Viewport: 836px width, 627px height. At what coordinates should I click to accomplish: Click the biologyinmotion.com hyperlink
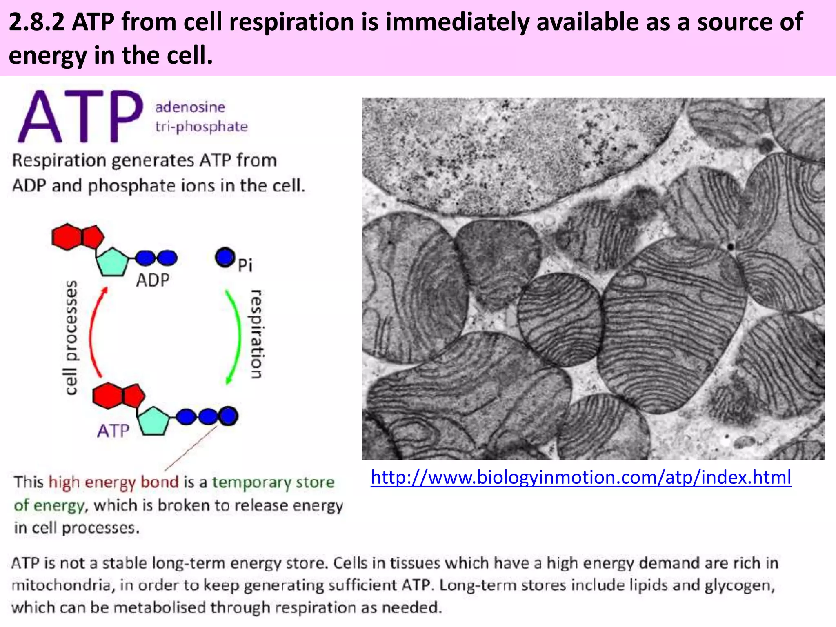click(580, 478)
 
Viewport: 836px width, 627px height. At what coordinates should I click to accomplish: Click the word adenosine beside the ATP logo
click(190, 107)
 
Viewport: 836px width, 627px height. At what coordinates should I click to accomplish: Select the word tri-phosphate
click(201, 127)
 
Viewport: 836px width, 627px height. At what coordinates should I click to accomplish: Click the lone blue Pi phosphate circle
click(225, 258)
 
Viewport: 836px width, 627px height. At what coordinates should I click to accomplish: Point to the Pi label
click(245, 265)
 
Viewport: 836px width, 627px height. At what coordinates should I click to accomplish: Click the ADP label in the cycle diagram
click(153, 280)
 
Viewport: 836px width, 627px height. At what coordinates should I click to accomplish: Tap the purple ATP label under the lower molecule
click(113, 431)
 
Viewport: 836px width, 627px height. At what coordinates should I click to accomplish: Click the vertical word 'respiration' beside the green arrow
click(256, 334)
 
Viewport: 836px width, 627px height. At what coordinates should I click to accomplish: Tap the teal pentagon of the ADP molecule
click(112, 262)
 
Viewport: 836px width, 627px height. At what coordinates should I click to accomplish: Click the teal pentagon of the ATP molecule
click(153, 420)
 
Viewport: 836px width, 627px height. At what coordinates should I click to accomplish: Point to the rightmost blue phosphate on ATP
click(229, 416)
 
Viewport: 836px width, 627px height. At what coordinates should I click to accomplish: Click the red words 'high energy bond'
click(113, 482)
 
